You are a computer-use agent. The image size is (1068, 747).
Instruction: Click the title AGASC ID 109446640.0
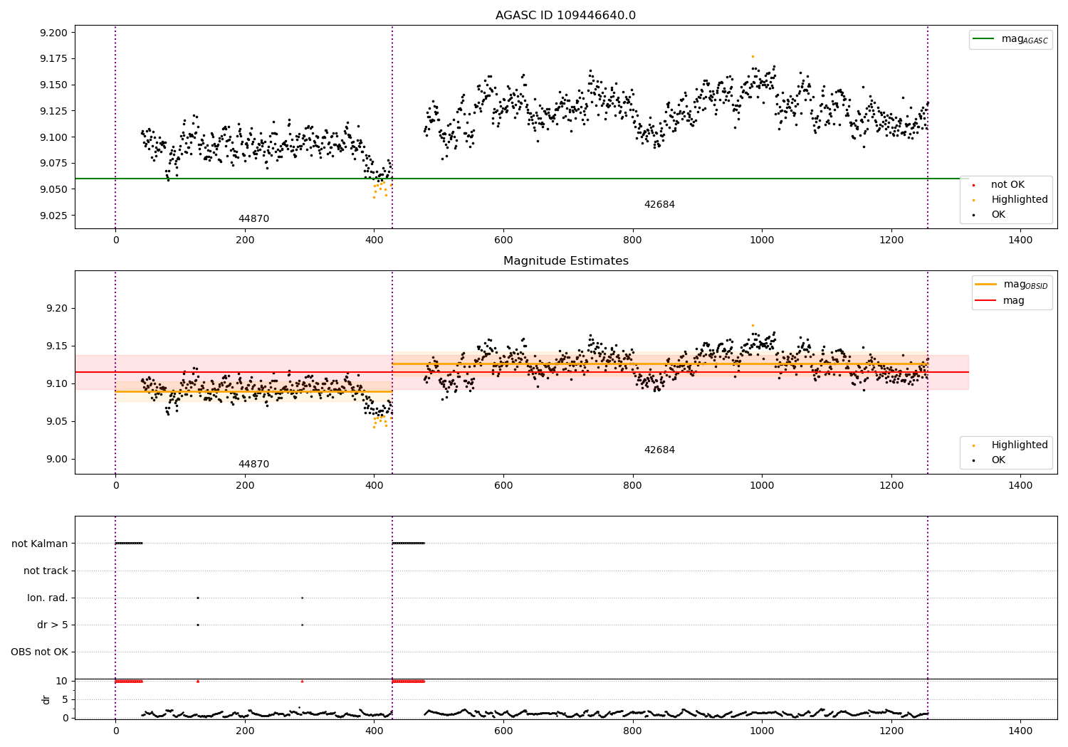coord(565,16)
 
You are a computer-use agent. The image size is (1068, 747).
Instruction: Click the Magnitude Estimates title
coord(565,261)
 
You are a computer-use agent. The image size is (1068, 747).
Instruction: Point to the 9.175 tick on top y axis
coord(53,59)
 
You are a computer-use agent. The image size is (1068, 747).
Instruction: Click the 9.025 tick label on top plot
coord(53,216)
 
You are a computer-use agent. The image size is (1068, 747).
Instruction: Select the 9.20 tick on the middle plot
coord(58,309)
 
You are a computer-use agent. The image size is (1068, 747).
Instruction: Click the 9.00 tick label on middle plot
coord(58,460)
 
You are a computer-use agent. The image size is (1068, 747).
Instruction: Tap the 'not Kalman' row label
coord(40,544)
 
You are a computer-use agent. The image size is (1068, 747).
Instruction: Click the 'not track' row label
coord(46,571)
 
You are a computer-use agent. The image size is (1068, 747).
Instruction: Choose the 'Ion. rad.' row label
coord(48,598)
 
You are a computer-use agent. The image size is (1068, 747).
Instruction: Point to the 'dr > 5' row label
coord(53,625)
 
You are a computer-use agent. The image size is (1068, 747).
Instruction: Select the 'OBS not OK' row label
coord(39,652)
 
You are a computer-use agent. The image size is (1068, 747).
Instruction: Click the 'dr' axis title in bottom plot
coord(46,699)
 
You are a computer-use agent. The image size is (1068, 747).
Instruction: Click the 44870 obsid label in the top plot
coord(253,219)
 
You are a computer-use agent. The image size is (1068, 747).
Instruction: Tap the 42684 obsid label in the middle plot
coord(659,450)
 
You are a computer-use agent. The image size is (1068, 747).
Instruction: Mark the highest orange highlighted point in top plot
coord(753,56)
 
